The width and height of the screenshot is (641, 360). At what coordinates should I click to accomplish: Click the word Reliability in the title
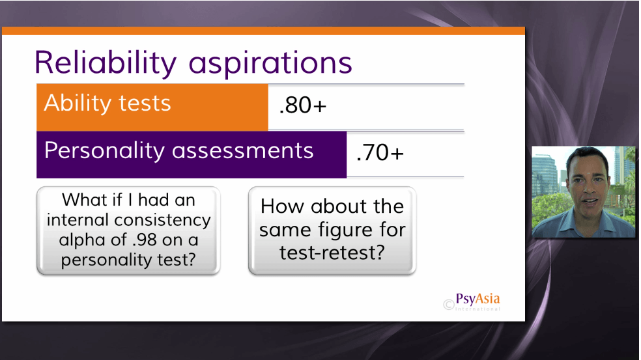pyautogui.click(x=106, y=63)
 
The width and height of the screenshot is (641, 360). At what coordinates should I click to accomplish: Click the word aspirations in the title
pyautogui.click(x=270, y=64)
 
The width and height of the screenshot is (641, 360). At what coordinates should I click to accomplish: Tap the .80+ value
pyautogui.click(x=303, y=105)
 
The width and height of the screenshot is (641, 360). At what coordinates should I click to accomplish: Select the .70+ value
pyautogui.click(x=380, y=153)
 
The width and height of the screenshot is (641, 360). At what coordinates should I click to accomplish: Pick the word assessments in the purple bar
pyautogui.click(x=243, y=151)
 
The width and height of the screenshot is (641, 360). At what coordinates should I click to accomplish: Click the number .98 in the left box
pyautogui.click(x=145, y=240)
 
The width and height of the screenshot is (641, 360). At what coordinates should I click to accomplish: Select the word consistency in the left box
pyautogui.click(x=162, y=221)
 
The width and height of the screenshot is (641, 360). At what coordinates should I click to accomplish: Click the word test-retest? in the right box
pyautogui.click(x=332, y=253)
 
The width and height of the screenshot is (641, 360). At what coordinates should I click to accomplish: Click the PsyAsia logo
pyautogui.click(x=478, y=301)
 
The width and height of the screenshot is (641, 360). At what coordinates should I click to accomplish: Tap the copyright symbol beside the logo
pyautogui.click(x=449, y=305)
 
